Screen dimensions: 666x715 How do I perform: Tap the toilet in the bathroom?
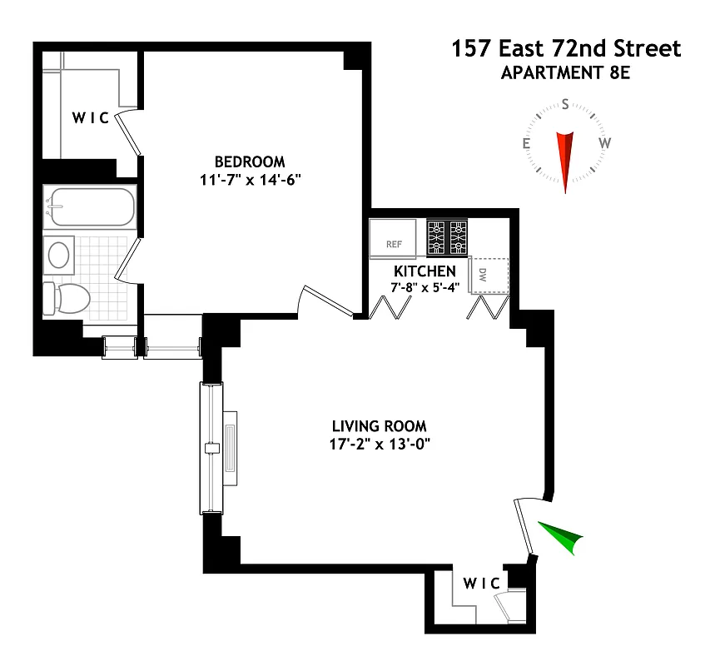pyautogui.click(x=67, y=297)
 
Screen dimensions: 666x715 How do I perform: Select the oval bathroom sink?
pyautogui.click(x=60, y=255)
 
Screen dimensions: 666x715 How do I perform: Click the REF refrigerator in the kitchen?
pyautogui.click(x=394, y=239)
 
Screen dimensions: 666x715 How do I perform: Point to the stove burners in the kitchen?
pyautogui.click(x=449, y=238)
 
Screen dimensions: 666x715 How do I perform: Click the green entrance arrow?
pyautogui.click(x=563, y=537)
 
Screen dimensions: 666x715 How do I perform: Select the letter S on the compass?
pyautogui.click(x=566, y=105)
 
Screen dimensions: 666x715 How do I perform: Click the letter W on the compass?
pyautogui.click(x=605, y=142)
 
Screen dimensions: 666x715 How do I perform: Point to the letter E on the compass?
pyautogui.click(x=527, y=143)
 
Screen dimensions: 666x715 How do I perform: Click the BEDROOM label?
pyautogui.click(x=249, y=162)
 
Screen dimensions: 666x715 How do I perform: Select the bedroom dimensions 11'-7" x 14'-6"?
pyautogui.click(x=249, y=180)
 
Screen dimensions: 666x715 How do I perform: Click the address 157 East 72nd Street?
pyautogui.click(x=566, y=48)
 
